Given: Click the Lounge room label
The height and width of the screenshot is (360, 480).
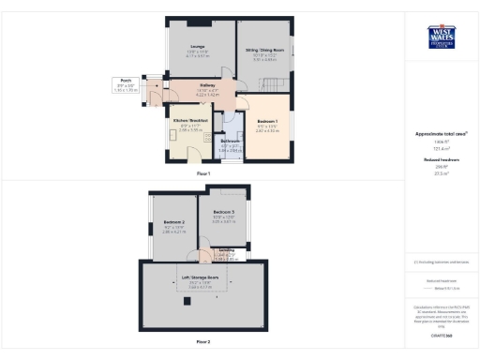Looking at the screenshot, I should point(198,50).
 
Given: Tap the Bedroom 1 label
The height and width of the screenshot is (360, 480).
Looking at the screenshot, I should point(271,122).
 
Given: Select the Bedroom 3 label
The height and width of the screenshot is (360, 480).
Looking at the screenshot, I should point(222,214).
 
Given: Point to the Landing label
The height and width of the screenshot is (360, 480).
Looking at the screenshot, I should point(225,250).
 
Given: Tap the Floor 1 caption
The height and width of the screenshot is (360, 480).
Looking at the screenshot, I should point(202,174).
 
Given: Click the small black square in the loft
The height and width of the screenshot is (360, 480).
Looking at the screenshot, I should point(187,301).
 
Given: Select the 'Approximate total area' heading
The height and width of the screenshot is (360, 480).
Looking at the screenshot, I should point(440,135).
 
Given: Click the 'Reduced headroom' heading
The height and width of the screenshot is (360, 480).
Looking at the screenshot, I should point(440,160).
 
